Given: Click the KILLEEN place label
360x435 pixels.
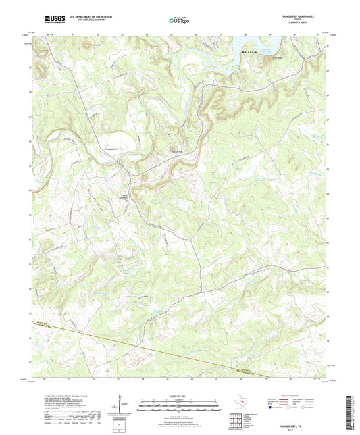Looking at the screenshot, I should [x=251, y=51].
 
